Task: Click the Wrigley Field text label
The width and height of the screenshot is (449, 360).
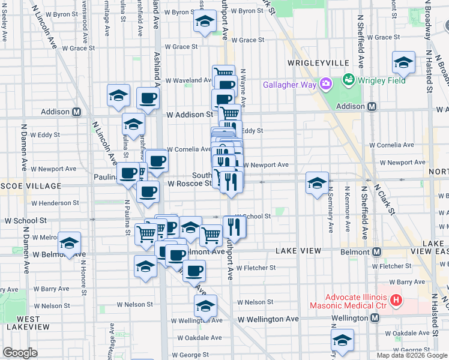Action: click(x=381, y=80)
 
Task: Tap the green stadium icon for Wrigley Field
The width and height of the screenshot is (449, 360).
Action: click(x=348, y=80)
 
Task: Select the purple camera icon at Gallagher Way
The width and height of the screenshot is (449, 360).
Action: click(x=326, y=83)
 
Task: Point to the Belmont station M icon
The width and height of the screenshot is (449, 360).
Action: click(x=377, y=252)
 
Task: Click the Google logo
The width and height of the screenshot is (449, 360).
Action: click(x=20, y=353)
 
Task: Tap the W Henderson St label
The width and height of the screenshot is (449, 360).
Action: click(x=51, y=203)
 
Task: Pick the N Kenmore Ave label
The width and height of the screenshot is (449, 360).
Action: click(x=346, y=210)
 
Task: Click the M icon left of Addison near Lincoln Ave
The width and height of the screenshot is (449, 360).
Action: click(x=77, y=112)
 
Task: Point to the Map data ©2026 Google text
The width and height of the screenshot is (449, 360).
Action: click(x=411, y=355)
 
